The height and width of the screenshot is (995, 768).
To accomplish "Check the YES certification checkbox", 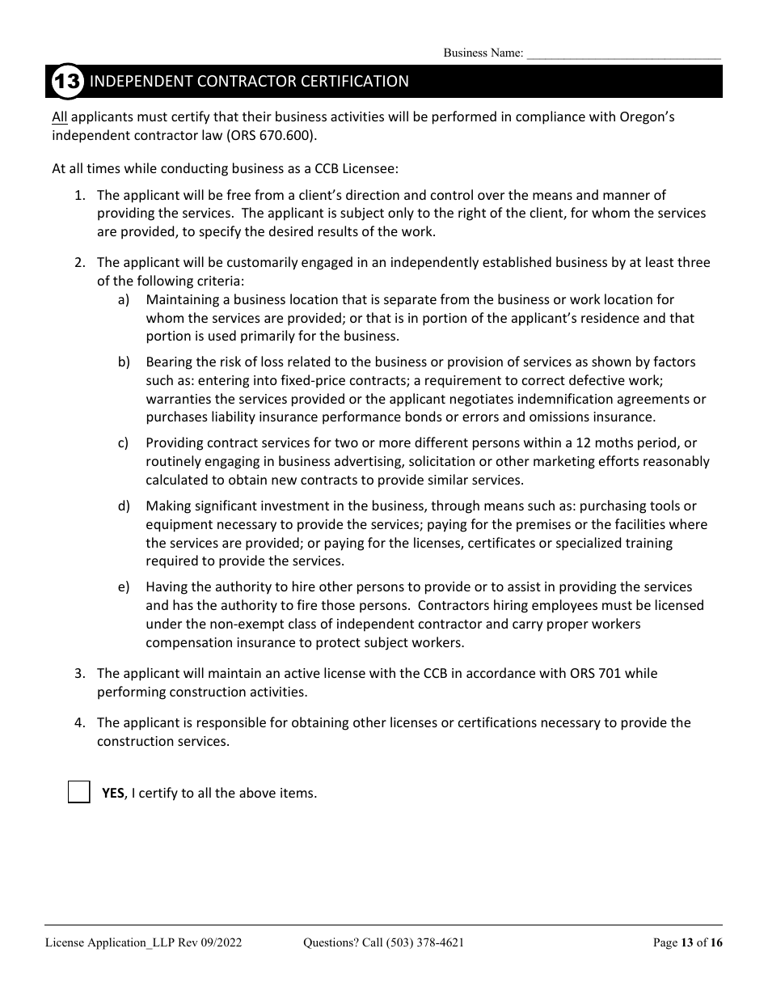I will coord(79,792).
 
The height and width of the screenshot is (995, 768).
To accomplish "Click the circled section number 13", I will coord(66,82).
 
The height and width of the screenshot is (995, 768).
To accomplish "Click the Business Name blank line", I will coord(623,53).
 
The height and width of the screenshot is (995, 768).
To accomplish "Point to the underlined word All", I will coord(60,116).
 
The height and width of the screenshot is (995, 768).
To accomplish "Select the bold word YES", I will coord(113,793).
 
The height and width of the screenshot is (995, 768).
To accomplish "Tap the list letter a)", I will coord(124,300).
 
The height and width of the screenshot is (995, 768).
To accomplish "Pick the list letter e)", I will coord(124,586).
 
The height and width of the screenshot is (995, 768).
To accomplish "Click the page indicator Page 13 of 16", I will coord(687,942).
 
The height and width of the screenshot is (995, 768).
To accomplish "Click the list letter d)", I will coord(124,506).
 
